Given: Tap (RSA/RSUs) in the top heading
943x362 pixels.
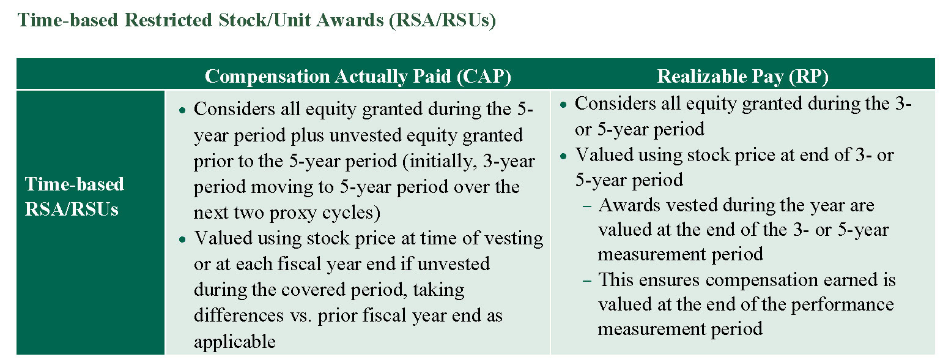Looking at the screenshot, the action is [443, 20].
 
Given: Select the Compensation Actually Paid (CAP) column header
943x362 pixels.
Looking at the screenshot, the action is [358, 77].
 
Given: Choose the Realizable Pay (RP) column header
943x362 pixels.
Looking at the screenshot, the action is [742, 77].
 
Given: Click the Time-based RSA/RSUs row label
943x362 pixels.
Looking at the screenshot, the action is [75, 197].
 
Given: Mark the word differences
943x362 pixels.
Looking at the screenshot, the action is [239, 315].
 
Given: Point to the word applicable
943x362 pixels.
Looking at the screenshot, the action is [234, 342].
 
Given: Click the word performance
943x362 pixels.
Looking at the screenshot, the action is [842, 305].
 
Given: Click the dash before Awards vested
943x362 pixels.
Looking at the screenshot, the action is [587, 206].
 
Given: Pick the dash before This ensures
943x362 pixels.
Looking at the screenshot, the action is [587, 281].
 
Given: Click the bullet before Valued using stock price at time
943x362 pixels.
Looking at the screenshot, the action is [182, 239].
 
